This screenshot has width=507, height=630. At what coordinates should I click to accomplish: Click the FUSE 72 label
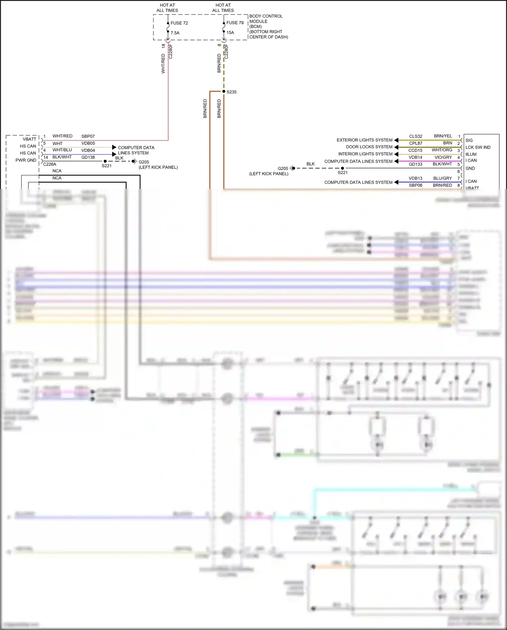click(x=179, y=23)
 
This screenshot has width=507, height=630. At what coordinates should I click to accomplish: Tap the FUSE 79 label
click(x=235, y=23)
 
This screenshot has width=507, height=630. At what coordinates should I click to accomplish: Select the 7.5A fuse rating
click(x=175, y=33)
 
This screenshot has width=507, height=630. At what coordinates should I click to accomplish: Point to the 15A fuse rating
click(x=230, y=32)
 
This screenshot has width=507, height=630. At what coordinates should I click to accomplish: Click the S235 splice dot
click(x=224, y=91)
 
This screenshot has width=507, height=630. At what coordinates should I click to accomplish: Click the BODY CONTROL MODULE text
click(x=266, y=19)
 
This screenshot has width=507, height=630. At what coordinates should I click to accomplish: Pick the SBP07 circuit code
click(x=88, y=136)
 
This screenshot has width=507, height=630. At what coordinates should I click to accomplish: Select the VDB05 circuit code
click(x=88, y=143)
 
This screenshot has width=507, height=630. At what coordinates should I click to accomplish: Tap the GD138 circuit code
click(x=88, y=157)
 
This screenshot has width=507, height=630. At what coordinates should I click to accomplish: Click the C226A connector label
click(x=50, y=164)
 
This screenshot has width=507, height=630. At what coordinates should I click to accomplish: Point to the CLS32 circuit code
click(x=415, y=136)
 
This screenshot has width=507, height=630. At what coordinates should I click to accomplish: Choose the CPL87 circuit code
click(x=415, y=143)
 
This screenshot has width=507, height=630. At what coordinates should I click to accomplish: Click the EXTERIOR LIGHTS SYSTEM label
click(x=364, y=140)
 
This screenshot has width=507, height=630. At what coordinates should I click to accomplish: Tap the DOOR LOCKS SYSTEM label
click(x=369, y=147)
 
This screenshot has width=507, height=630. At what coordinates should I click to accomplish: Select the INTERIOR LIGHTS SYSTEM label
click(x=365, y=154)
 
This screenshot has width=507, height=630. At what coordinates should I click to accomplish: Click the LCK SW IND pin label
click(x=478, y=147)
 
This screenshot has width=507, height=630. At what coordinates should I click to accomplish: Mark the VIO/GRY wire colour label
click(x=443, y=157)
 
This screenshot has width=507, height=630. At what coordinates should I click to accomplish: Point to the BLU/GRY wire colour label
click(x=442, y=178)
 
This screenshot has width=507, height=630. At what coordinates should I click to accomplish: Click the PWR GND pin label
click(x=26, y=160)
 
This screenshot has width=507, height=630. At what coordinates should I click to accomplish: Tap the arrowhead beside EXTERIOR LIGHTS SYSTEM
click(x=396, y=140)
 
